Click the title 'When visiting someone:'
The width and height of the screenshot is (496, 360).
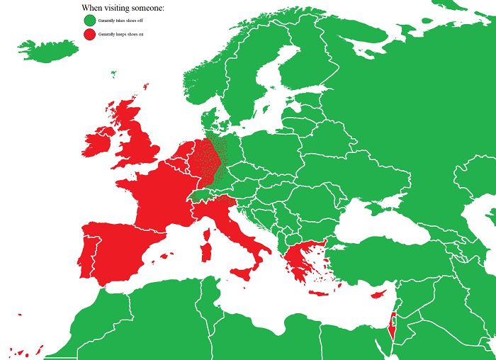coord(123,8)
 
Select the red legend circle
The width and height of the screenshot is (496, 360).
coord(89,34)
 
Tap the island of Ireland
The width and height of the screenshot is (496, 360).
coord(98,142)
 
